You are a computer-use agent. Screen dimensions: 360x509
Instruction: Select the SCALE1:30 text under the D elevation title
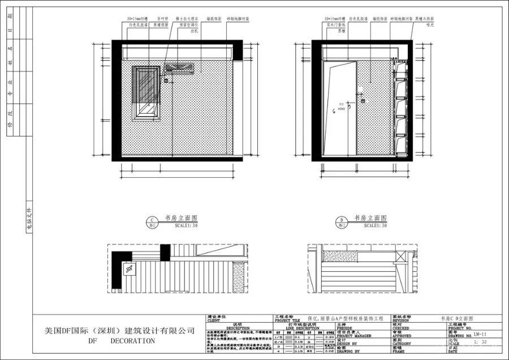pyautogui.click(x=376, y=225)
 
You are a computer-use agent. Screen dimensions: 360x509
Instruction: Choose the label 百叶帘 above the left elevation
pyautogui.click(x=163, y=19)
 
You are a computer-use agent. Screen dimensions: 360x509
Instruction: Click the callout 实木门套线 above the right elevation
pyautogui.click(x=336, y=25)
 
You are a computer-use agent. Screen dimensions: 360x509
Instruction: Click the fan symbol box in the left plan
pyautogui.click(x=130, y=269)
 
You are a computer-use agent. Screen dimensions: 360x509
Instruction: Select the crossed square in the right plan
pyautogui.click(x=402, y=256)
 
